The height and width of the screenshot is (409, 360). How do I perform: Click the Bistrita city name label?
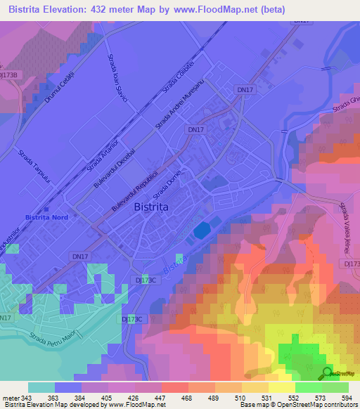tap(156, 207)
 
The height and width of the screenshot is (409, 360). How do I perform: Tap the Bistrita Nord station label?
tap(46, 218)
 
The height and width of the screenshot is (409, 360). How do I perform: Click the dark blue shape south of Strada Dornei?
tap(202, 231)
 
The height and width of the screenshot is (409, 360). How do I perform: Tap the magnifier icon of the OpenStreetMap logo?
tap(327, 372)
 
